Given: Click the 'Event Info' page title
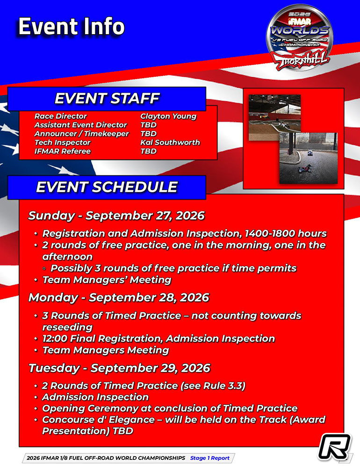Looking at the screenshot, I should tap(71, 27).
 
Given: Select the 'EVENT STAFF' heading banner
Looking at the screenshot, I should tap(107, 99).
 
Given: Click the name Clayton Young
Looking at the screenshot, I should tap(168, 116).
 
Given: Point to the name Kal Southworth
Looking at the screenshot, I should tap(170, 142).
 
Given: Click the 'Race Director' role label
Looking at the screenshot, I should tap(61, 116).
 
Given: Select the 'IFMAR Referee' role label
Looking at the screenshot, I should tap(63, 151).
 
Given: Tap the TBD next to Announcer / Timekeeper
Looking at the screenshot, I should tap(148, 134).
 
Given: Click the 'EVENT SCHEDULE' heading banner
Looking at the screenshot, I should tap(107, 187).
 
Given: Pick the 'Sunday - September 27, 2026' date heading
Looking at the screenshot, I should tap(116, 216).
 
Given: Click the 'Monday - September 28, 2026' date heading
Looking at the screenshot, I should tap(119, 298).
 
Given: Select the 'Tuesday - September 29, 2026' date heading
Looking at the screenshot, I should tap(119, 368).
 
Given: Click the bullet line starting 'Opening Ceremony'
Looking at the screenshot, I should tap(170, 408).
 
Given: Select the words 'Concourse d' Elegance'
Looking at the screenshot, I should tap(99, 420).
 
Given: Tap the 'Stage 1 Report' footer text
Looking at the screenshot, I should tap(209, 458).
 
